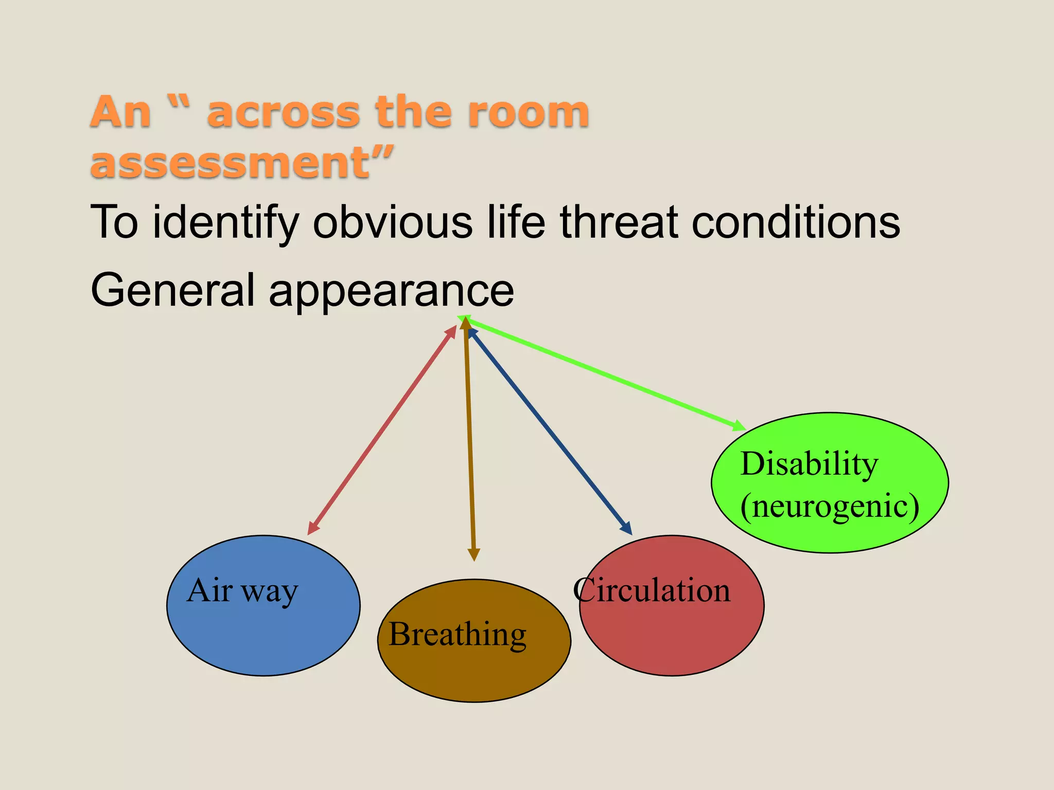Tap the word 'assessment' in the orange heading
(230, 163)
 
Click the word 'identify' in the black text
(225, 222)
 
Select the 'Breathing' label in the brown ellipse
(458, 634)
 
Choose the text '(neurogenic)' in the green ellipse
(830, 506)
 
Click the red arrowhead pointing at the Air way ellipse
(312, 529)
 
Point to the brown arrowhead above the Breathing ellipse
(474, 555)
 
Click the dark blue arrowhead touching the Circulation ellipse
(627, 529)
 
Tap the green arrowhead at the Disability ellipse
(739, 426)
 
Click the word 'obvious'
(392, 222)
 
